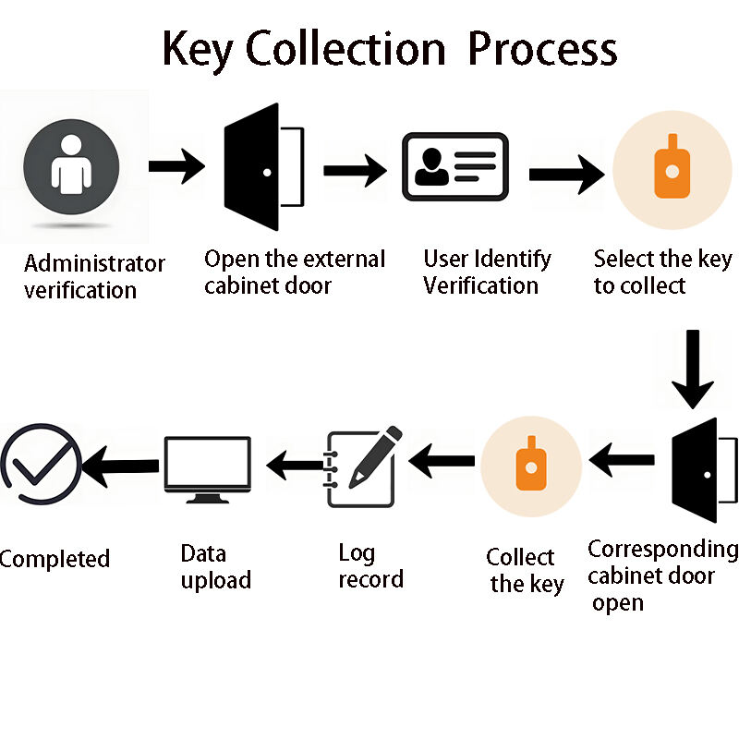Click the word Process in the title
point(542,48)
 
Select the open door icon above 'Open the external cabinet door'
point(262,167)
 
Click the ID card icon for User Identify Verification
point(455,167)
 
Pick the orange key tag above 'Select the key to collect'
point(666,167)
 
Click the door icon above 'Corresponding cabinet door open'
point(694,471)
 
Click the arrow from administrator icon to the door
point(176,167)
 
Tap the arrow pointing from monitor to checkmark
point(119,466)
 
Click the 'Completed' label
point(55,559)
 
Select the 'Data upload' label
point(214,567)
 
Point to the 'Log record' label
point(369,566)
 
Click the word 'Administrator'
point(94,263)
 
